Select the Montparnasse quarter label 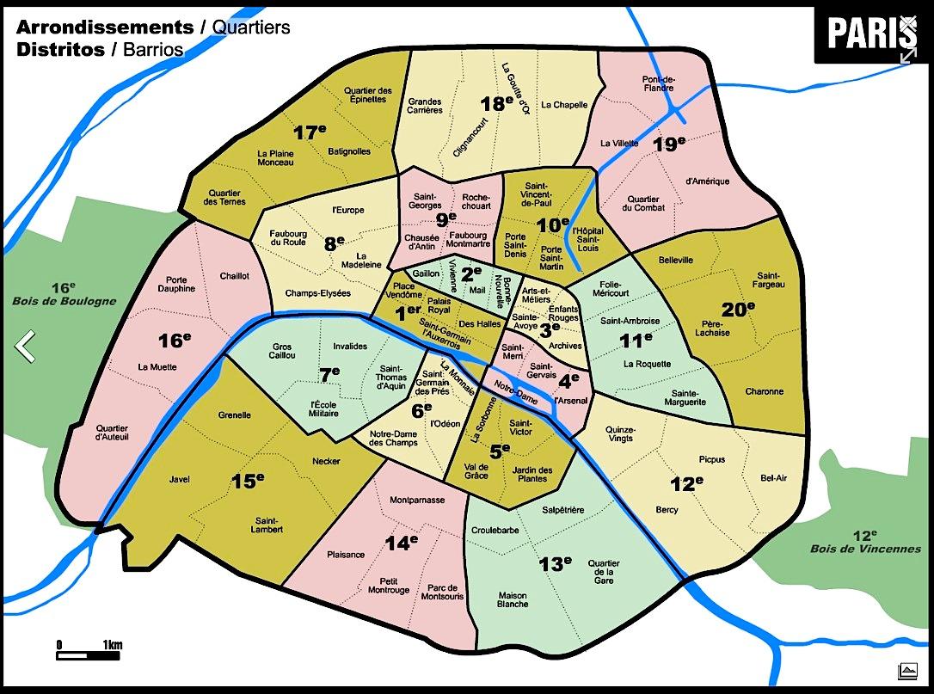pos(417,500)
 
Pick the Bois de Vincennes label pos(864,549)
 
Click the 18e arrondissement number pos(496,104)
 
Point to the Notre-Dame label pos(516,396)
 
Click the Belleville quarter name pos(675,260)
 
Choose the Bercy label pos(667,510)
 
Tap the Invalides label pos(350,347)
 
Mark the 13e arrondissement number pos(555,564)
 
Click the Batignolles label pos(349,151)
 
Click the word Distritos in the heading pos(58,49)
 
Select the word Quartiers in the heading pos(250,28)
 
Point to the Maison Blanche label pos(513,599)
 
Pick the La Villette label pos(619,143)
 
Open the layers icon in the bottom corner pos(906,670)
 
